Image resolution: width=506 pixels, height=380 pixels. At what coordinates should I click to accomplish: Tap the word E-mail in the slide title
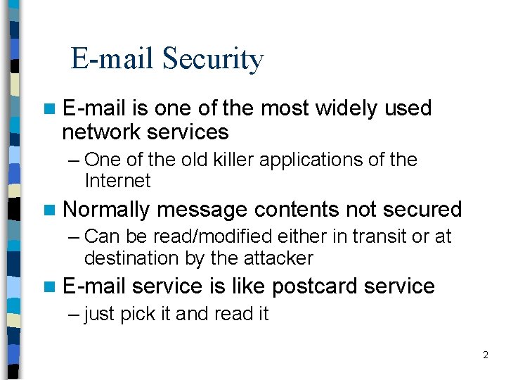pos(113,59)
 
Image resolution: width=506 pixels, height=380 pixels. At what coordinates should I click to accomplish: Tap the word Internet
pos(117,181)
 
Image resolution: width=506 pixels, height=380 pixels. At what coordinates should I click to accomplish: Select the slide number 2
pos(485,355)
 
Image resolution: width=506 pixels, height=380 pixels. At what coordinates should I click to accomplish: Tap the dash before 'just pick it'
pos(74,314)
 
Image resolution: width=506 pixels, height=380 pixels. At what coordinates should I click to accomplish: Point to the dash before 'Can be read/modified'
pos(74,236)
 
